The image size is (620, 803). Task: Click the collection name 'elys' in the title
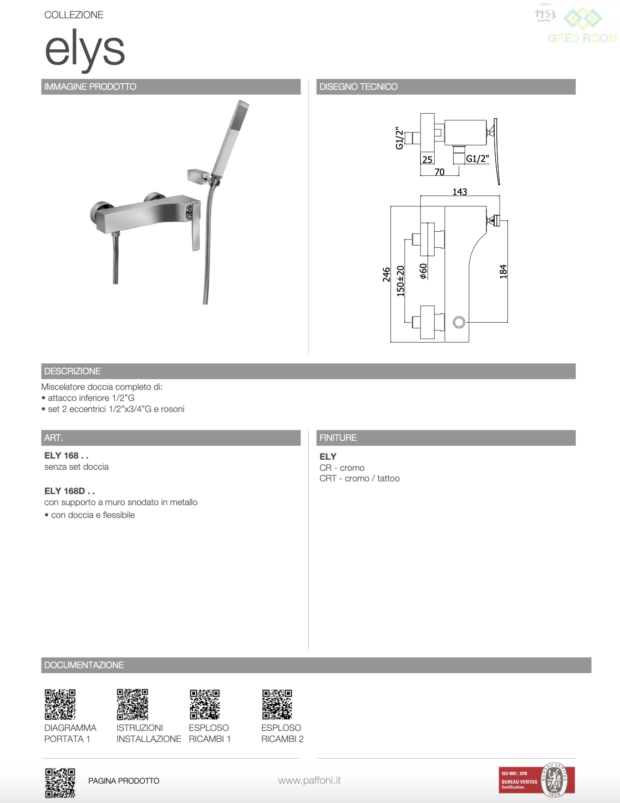(x=85, y=50)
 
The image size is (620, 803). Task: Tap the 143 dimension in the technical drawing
(x=460, y=192)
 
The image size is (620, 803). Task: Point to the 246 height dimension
(x=386, y=275)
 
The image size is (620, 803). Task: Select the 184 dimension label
(x=503, y=271)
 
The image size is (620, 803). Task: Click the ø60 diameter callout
(x=423, y=271)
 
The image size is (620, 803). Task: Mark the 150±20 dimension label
(x=400, y=281)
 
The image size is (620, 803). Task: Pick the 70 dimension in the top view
(x=439, y=172)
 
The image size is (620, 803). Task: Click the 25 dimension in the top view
(x=427, y=160)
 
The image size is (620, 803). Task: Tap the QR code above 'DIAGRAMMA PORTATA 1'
(x=60, y=704)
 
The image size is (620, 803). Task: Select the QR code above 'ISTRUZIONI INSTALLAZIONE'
(x=133, y=704)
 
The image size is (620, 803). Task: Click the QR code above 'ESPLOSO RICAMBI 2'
(x=277, y=704)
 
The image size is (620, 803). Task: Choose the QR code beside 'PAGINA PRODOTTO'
(x=60, y=782)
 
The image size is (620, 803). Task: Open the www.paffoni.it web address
(x=309, y=780)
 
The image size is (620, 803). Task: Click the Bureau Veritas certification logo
(x=536, y=780)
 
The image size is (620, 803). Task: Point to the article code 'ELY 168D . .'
(x=69, y=491)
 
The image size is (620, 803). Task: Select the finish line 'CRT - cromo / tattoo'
(x=359, y=478)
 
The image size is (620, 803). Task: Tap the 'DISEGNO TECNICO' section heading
(x=358, y=87)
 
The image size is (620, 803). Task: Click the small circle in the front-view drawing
(x=459, y=322)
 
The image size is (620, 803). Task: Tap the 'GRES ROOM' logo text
(x=582, y=38)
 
